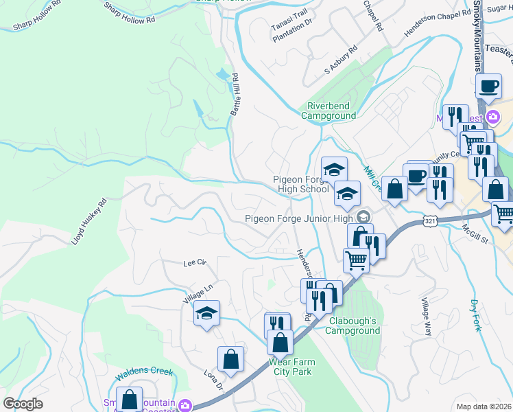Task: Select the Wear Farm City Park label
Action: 292,367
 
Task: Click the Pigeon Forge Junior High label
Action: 299,219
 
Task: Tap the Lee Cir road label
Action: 195,262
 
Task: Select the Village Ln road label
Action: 199,296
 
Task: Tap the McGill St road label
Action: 474,233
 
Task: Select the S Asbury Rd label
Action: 341,60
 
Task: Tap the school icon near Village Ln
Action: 206,314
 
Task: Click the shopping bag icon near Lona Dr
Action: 231,358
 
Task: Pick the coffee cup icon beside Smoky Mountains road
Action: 488,87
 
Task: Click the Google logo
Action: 23,404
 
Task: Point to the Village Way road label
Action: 427,316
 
